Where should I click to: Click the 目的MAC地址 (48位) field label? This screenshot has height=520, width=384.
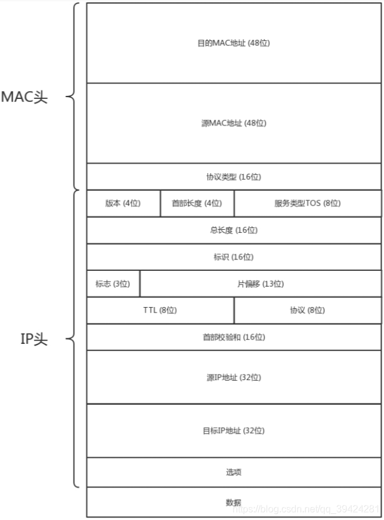(x=234, y=44)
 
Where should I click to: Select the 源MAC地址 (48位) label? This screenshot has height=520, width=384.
(x=234, y=123)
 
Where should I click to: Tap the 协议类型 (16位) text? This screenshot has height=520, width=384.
(x=234, y=177)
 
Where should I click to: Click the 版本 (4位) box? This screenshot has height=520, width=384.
(x=123, y=203)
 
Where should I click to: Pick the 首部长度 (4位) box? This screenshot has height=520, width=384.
(x=197, y=203)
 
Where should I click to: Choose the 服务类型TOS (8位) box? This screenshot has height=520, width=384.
(x=307, y=203)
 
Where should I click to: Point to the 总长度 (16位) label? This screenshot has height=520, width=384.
(x=234, y=230)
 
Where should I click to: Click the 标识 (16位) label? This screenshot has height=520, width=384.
(x=234, y=257)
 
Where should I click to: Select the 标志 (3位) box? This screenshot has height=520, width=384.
(x=113, y=284)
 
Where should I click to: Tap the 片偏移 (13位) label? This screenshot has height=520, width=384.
(x=260, y=284)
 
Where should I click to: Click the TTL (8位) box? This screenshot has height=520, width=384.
(x=160, y=310)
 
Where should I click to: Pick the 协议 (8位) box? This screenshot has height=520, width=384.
(x=307, y=310)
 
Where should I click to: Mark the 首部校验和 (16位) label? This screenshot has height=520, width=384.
(x=234, y=337)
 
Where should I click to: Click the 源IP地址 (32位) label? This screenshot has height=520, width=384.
(x=234, y=378)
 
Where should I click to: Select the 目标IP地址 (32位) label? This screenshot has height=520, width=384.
(x=234, y=431)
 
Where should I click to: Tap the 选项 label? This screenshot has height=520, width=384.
(x=234, y=472)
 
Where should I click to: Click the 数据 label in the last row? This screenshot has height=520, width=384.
(x=234, y=502)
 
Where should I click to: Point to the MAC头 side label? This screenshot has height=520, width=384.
(x=24, y=98)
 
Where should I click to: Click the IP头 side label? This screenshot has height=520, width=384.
(x=34, y=340)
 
